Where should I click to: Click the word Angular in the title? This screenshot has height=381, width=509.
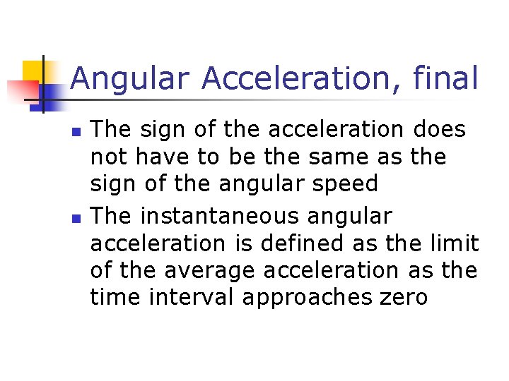(130, 78)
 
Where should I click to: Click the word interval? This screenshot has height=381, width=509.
(189, 297)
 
